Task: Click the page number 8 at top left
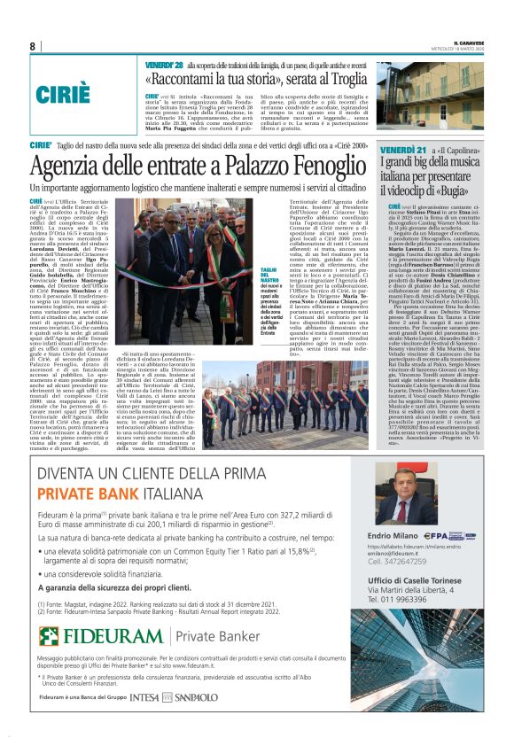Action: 33,47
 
